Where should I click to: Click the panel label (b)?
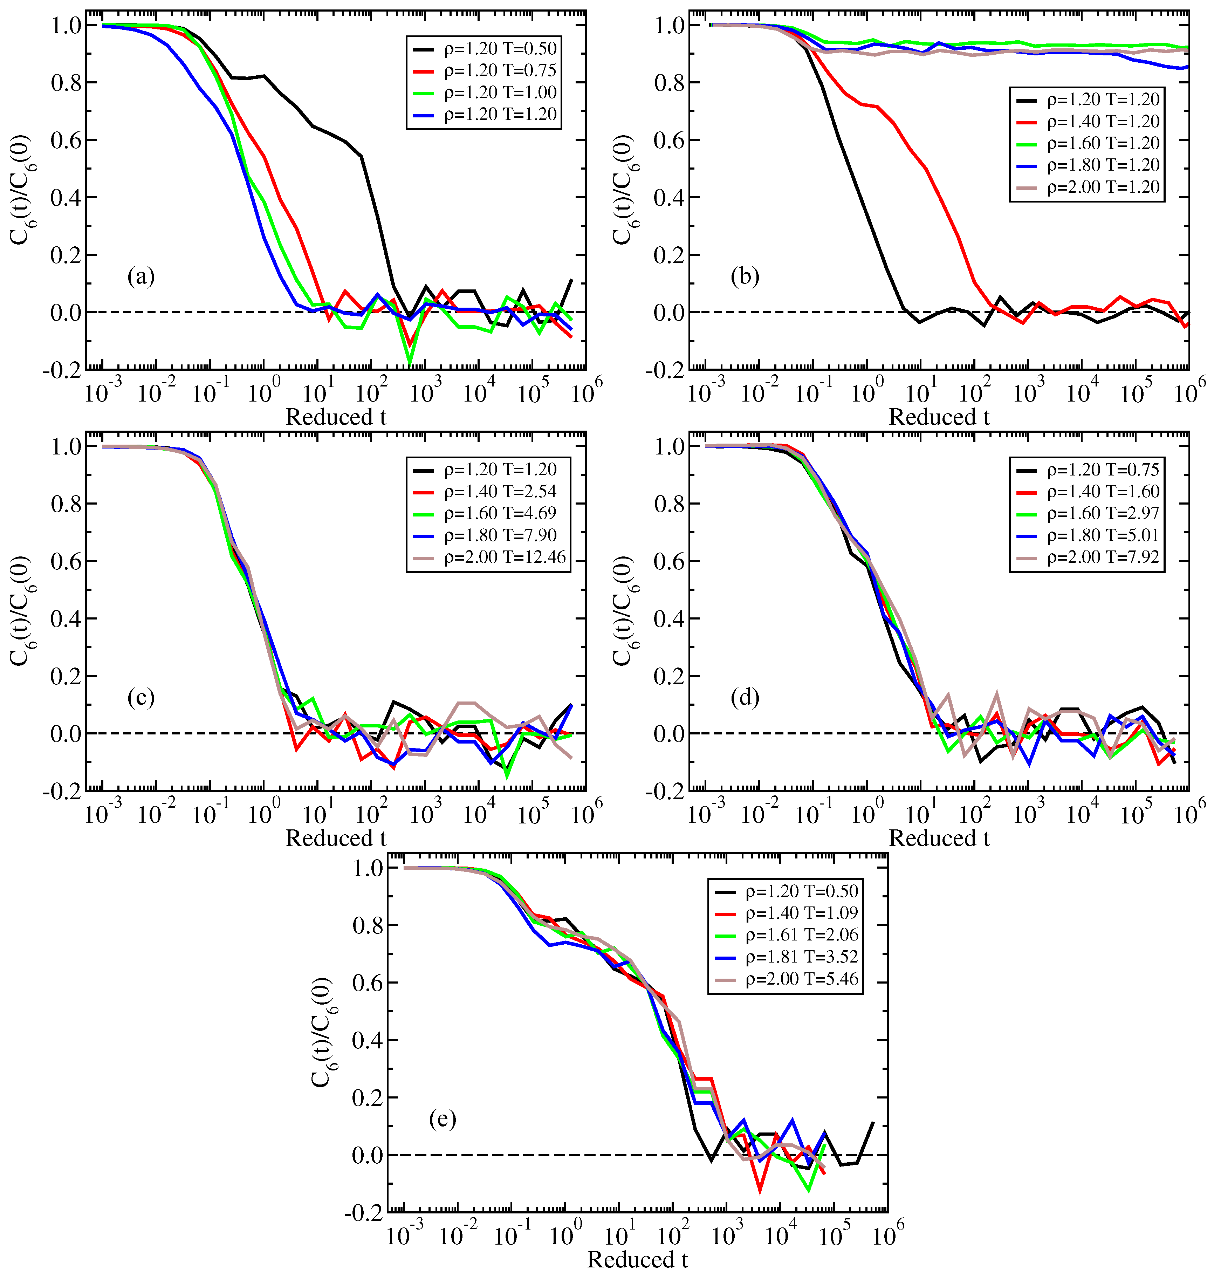coord(744,277)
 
